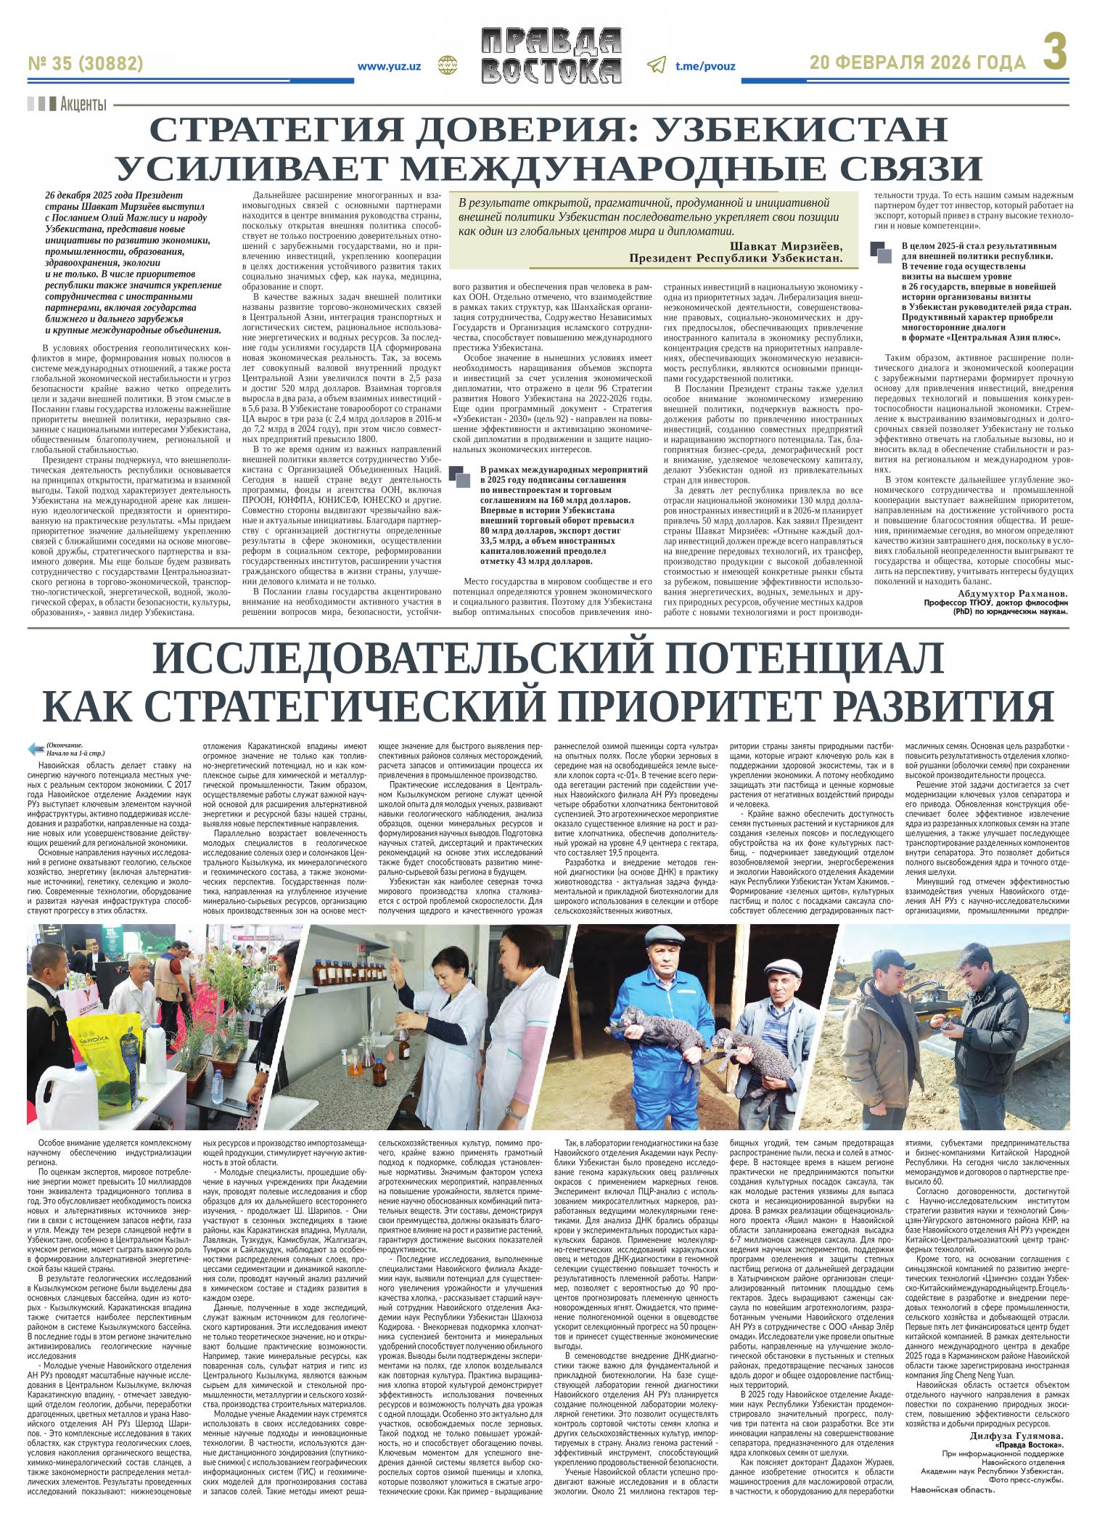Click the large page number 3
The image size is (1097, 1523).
coord(1055,54)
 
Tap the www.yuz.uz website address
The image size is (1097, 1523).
coord(391,65)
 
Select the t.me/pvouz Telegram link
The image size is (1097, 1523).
coord(704,65)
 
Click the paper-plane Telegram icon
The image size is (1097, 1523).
coord(656,65)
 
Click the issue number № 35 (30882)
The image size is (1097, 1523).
coord(86,64)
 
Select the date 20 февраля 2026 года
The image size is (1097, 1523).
coord(918,64)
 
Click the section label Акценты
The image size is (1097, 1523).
coord(83,104)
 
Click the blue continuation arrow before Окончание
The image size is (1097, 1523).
coord(35,748)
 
